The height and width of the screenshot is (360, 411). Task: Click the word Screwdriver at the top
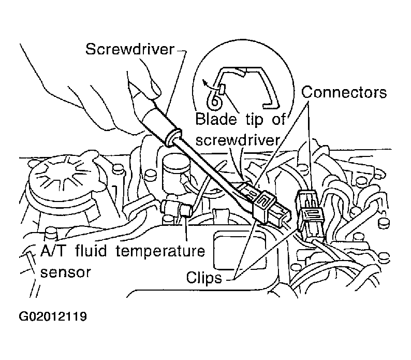(130, 49)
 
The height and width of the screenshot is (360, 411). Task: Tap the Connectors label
(344, 92)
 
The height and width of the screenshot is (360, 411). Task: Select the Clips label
(204, 277)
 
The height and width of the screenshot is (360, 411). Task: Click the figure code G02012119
(53, 316)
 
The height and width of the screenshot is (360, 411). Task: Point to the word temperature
(160, 251)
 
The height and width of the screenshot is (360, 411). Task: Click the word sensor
(65, 272)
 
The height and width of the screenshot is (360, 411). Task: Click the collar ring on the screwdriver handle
(173, 136)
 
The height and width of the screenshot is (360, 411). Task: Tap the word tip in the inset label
(254, 120)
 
